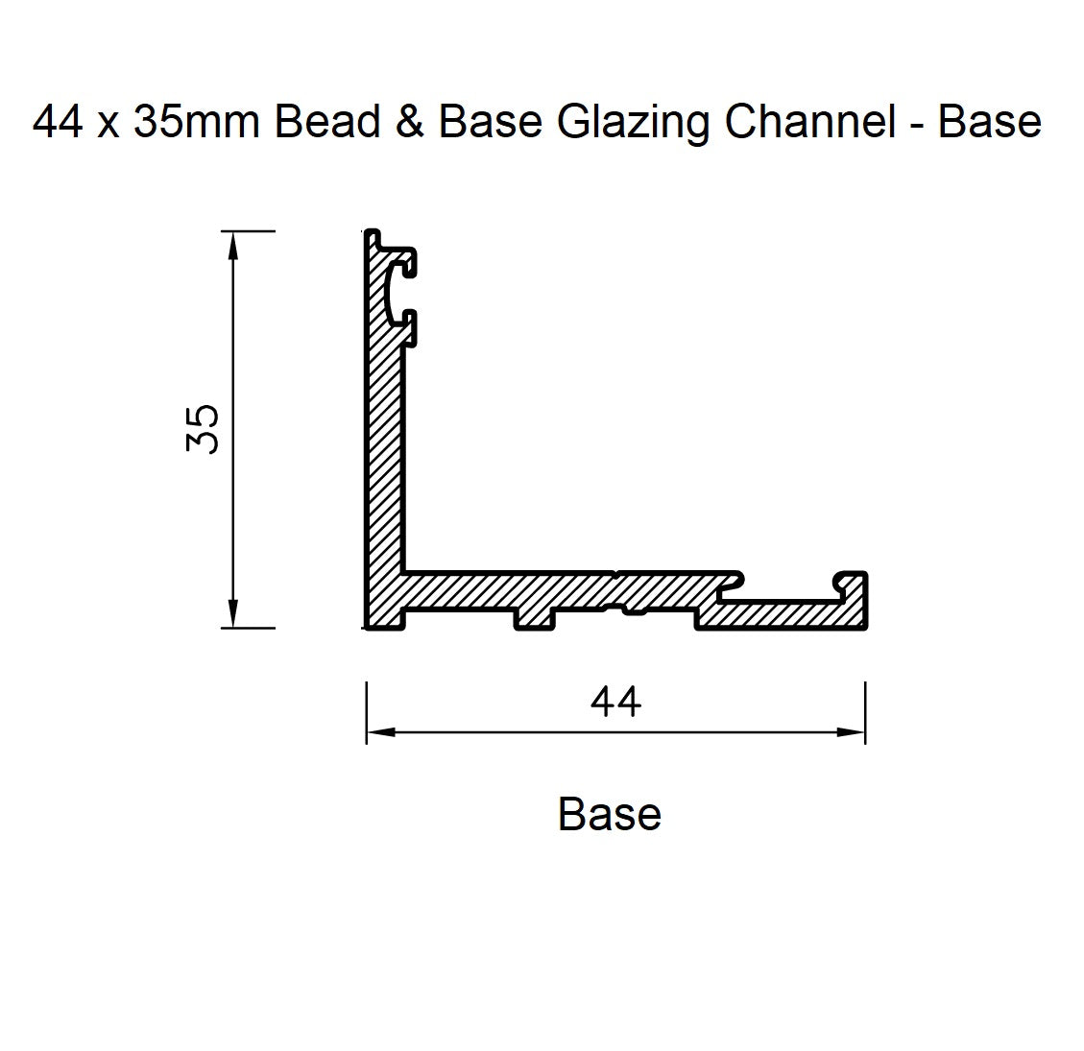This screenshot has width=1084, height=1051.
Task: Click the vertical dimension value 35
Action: tap(204, 429)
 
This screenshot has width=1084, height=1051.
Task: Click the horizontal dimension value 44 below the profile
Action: tap(615, 703)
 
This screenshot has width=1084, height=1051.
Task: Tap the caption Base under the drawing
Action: tap(609, 815)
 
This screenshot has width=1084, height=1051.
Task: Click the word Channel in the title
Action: tap(812, 122)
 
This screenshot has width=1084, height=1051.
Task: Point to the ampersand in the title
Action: tap(410, 122)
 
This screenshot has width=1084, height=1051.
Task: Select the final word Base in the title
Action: tap(989, 122)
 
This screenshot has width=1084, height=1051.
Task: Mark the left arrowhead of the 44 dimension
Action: tap(379, 732)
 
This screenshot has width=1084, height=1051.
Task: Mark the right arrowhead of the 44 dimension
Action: tap(853, 732)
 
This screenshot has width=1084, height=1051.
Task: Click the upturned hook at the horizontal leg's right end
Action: tap(852, 582)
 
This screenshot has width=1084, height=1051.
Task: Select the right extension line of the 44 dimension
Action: tap(865, 712)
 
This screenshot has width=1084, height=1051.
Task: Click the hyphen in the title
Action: tap(916, 126)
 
